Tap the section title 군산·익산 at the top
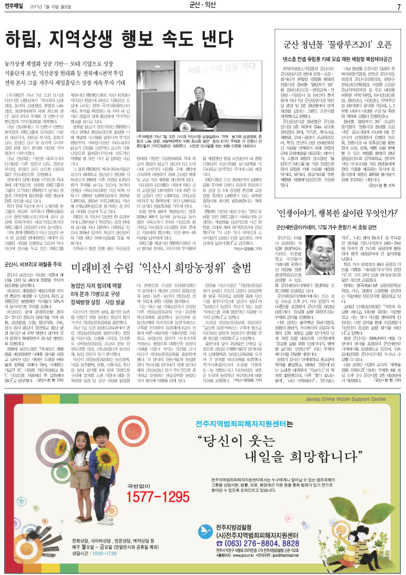[203, 6]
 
